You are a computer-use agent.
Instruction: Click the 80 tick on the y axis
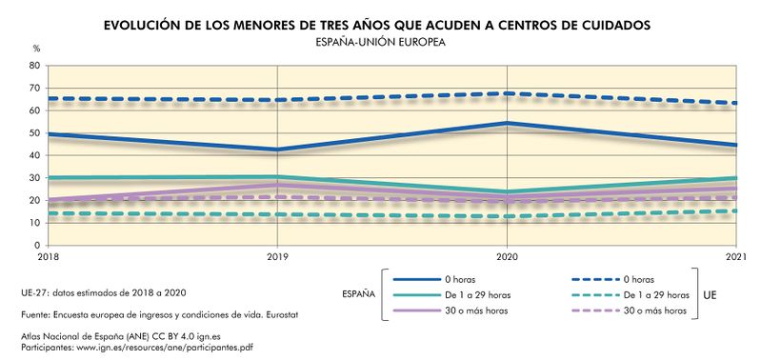point(34,66)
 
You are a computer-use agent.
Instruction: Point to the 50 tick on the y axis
point(34,133)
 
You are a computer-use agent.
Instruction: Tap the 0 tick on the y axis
point(37,246)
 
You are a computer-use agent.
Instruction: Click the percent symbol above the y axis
point(36,48)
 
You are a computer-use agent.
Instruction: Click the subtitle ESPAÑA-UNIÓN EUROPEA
point(380,42)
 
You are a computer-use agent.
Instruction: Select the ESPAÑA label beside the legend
point(358,294)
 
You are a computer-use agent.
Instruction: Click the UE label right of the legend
point(711,295)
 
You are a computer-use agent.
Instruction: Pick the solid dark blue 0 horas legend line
point(420,279)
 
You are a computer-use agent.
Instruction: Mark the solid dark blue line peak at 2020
point(507,123)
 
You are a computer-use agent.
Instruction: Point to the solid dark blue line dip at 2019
point(277,150)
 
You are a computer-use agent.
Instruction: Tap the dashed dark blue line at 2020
point(507,93)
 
